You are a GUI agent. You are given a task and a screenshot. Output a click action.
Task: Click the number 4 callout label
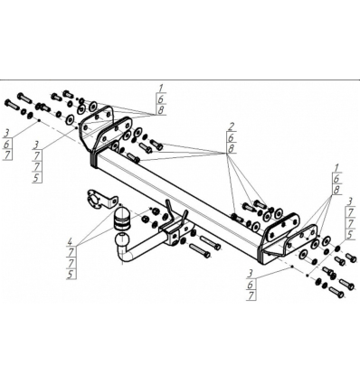click(x=71, y=241)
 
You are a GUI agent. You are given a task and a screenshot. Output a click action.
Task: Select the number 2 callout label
click(x=232, y=126)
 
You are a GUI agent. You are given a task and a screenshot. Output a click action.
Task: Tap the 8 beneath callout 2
click(x=232, y=148)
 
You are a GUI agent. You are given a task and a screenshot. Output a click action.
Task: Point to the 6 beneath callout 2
click(x=232, y=137)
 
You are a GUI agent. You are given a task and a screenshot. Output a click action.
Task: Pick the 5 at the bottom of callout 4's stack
click(x=71, y=274)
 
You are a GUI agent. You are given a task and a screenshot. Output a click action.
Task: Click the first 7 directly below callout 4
click(x=71, y=252)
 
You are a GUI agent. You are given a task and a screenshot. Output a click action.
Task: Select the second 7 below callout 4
click(x=71, y=263)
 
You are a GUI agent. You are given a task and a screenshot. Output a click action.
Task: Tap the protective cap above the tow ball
click(x=122, y=218)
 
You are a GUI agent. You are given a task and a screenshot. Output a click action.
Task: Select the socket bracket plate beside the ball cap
click(x=101, y=200)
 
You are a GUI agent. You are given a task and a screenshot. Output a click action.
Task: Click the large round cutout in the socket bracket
click(x=94, y=199)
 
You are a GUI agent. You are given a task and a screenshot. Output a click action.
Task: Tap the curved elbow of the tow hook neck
click(x=124, y=255)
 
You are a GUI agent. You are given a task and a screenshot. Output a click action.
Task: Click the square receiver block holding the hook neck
click(x=174, y=234)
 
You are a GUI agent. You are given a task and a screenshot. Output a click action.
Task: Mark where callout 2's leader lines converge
click(x=228, y=154)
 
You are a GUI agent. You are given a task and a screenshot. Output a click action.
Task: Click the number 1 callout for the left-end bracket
click(x=161, y=89)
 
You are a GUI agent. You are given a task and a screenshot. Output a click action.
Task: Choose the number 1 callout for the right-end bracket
click(x=336, y=168)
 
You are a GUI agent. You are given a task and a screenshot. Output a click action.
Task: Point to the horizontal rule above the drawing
click(x=180, y=80)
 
